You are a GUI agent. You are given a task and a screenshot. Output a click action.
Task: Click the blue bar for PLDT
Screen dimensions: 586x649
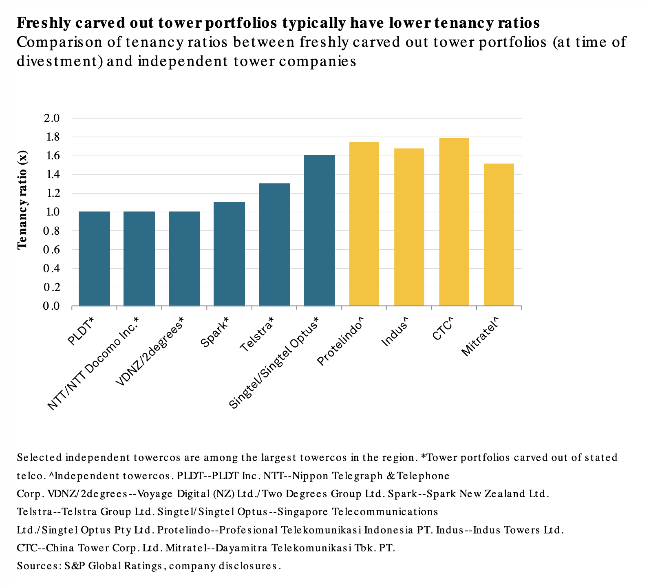coord(94,258)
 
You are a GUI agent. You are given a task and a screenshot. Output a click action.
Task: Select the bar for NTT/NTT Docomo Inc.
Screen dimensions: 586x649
coord(139,258)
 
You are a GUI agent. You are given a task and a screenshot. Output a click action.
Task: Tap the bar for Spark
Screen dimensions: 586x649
coord(229,253)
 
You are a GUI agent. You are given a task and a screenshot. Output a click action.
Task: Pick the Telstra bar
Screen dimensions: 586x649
coord(274,245)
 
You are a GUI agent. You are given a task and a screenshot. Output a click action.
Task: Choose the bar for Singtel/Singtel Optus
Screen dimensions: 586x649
coord(319,230)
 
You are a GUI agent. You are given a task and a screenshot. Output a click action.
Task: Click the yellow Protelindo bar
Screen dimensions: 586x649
coord(364,224)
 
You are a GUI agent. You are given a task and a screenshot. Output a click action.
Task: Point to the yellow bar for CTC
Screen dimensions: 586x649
coord(454,222)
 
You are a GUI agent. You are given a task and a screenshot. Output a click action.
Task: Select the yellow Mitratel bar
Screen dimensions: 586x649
coord(499,234)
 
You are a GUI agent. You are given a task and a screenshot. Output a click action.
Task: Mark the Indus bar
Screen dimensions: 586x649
coord(409,227)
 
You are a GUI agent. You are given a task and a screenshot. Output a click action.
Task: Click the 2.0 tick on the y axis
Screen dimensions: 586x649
coord(51,118)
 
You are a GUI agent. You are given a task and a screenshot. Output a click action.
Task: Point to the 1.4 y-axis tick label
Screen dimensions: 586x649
coord(51,174)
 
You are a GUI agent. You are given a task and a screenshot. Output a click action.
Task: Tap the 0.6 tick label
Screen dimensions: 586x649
coord(51,249)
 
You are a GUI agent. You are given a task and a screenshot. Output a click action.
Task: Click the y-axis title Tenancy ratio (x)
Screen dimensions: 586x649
coord(22,200)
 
